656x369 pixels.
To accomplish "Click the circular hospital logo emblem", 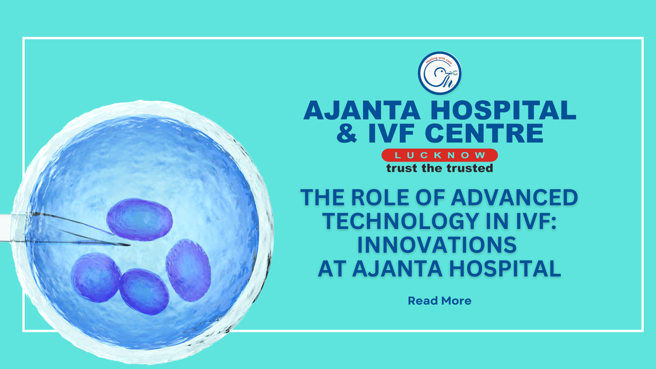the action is (440, 73).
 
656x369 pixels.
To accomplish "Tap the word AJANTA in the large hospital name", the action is (362, 110).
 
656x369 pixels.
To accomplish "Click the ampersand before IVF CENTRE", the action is (347, 133).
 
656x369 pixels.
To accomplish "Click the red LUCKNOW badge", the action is (440, 155).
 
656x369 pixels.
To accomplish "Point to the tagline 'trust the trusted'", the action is (440, 168).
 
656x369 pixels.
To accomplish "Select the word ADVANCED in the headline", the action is (514, 198).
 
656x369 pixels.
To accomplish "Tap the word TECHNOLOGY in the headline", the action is (401, 221).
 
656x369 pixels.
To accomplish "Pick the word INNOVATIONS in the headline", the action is (437, 245).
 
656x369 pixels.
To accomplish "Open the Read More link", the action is (440, 301).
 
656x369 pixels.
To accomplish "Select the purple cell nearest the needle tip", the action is (140, 219).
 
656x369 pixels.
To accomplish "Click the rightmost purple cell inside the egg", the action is (188, 270).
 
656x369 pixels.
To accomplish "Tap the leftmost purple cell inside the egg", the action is (96, 278).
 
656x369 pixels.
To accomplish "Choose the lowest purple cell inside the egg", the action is (144, 292).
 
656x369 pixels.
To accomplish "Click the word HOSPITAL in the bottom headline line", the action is (505, 269).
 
